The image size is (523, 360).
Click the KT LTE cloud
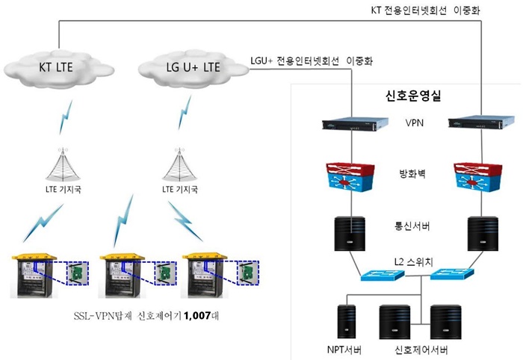pos(59,68)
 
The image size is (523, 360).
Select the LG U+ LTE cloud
pos(193,68)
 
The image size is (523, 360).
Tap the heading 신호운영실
pos(413,96)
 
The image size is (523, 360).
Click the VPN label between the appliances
pos(414,122)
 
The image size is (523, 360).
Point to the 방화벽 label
pos(412,173)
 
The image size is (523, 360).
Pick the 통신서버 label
pos(412,226)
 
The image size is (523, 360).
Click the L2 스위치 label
pos(413,261)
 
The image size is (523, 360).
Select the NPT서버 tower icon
pos(347,321)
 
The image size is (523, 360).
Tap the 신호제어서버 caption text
pos(421,350)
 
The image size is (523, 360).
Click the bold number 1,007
pos(197,315)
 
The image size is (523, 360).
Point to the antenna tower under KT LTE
pos(63,164)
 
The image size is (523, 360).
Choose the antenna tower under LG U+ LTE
pos(180,164)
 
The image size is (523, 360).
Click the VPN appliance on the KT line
pos(481,122)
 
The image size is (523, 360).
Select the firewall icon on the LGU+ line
pos(350,177)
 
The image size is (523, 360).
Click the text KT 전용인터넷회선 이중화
pos(425,10)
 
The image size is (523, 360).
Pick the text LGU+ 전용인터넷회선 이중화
pos(312,60)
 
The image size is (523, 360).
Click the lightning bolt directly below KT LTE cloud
pos(66,117)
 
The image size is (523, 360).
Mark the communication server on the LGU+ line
pos(350,234)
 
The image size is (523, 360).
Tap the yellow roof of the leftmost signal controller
pos(34,256)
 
